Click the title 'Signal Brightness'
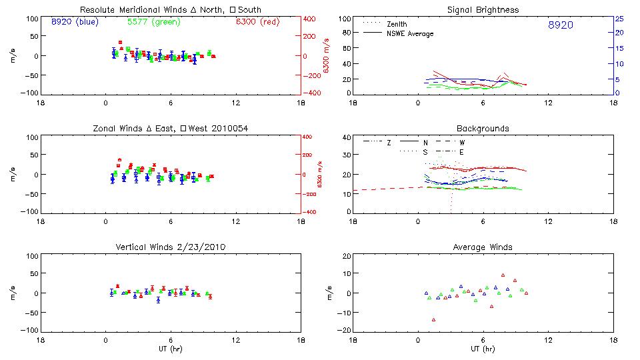pos(483,10)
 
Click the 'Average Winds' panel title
pos(483,247)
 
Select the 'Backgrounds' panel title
pos(483,129)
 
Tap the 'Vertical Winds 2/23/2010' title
pos(171,247)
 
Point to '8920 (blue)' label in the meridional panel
pos(74,22)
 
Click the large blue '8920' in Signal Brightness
pos(560,25)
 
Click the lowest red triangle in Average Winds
pos(434,320)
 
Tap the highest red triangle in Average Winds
pos(503,275)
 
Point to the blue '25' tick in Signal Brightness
pos(619,19)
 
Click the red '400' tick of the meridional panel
pos(310,19)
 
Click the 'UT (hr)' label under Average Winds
pos(483,349)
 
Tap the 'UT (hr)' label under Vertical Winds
pos(171,349)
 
